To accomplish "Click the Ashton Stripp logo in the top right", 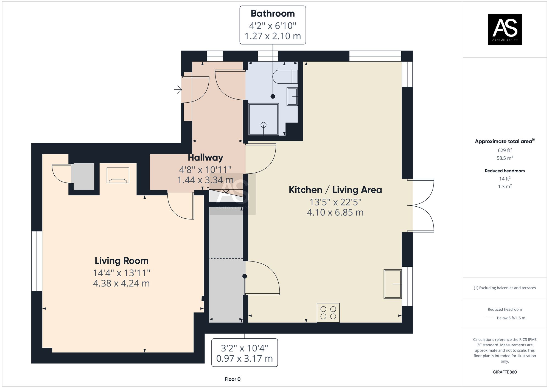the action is point(505,29).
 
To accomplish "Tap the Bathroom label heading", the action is point(273,13).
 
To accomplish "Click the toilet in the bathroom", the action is point(285,77).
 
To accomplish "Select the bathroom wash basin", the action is point(292,97).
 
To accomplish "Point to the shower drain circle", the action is point(264,125).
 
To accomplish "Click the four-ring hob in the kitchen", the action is point(328,313).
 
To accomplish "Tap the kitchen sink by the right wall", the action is point(393,284).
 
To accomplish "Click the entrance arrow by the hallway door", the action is point(178,89).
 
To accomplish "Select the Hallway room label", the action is point(205,158).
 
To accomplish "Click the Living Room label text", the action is point(122,261).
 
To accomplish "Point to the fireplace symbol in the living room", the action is point(118,175).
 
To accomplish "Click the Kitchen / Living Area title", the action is point(335,190).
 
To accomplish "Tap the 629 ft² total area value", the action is point(505,150).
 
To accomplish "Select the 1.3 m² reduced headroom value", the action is point(505,186).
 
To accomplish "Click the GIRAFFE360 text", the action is point(505,372).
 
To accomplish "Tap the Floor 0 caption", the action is point(233,379).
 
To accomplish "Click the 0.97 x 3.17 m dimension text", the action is point(245,359).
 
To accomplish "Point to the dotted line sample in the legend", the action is point(489,318).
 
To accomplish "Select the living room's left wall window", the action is point(37,261).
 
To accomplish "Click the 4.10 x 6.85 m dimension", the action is point(335,212).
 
